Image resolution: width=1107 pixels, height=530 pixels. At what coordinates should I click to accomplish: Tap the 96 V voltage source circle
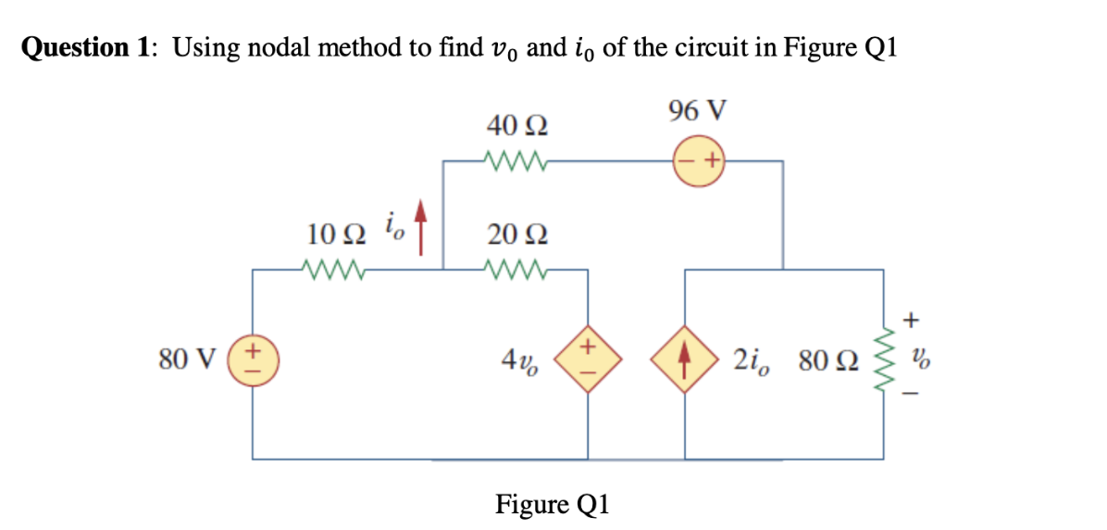(699, 161)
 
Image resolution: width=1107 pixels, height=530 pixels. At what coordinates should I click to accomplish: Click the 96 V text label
(697, 109)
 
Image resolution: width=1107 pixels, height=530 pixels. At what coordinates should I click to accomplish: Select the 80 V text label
(186, 358)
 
